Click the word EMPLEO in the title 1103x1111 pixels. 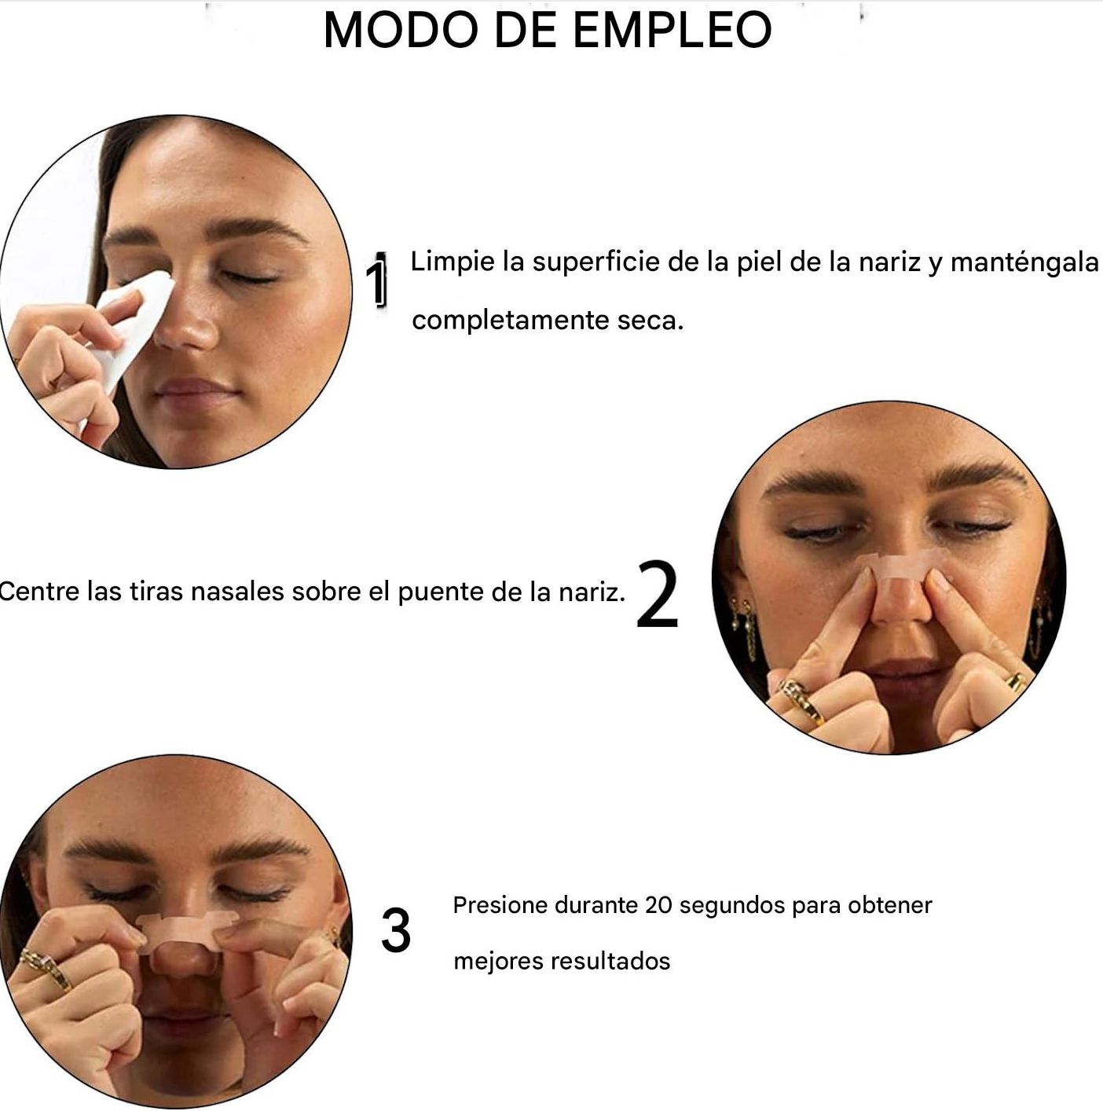tap(672, 29)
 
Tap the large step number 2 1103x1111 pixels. tap(658, 593)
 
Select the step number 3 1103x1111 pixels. tap(396, 930)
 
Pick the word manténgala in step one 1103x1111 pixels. tap(1024, 263)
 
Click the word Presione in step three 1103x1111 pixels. tap(500, 905)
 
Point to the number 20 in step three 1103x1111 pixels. tap(658, 906)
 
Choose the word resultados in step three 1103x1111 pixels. tap(610, 961)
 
